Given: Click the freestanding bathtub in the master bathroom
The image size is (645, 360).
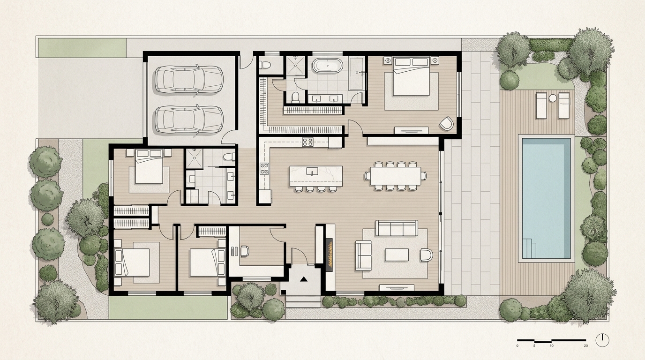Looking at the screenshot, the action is pos(328,66).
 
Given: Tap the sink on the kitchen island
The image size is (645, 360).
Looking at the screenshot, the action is pos(312,171).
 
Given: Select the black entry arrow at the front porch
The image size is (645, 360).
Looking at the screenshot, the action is pos(303,279).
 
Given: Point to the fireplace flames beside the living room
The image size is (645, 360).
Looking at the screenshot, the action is pos(330,255).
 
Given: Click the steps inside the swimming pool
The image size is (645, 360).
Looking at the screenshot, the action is pos(529,248).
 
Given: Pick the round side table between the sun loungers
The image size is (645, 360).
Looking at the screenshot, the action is pos(553,98).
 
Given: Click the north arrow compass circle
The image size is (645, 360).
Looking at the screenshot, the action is pos(602,340).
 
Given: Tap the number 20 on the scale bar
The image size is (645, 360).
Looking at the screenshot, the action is pos(585,345).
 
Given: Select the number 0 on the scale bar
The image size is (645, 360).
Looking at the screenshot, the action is pos(517,345).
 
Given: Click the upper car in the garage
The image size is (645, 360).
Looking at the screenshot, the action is pos(189,80).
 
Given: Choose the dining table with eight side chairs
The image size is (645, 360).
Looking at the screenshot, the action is pos(396,176).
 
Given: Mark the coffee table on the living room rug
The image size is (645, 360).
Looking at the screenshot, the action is pos(397,255).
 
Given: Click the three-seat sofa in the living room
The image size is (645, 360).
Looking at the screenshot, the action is pos(397,228).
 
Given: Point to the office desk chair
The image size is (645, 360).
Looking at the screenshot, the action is pos(244,251).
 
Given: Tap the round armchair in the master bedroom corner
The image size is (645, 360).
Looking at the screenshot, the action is pos(446,123).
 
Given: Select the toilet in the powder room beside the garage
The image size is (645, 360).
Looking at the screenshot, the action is pos(265,65).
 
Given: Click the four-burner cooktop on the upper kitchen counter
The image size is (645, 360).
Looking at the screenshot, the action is pos(307,142).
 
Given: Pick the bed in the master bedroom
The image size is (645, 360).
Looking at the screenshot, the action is pos(412,76).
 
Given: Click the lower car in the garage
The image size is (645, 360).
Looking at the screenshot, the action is pos(189,119).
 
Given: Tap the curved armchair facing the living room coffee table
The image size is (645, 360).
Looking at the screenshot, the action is pos(427,255).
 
